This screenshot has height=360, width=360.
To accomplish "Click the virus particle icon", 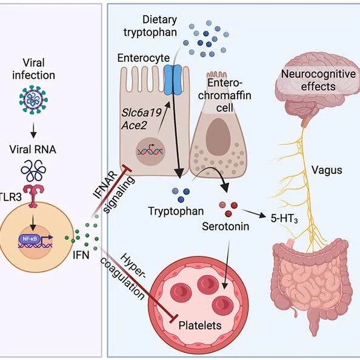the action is (x=33, y=99).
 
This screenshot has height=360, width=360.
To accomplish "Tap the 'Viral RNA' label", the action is (x=33, y=150).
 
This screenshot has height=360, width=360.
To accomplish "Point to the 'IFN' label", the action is (x=81, y=255).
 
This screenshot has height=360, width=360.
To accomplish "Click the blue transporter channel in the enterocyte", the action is (x=173, y=80).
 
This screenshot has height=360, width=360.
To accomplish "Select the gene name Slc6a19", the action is (x=141, y=113).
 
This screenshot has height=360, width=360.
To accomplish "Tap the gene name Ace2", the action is (x=134, y=125).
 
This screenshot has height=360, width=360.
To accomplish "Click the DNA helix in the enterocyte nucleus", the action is (x=150, y=151).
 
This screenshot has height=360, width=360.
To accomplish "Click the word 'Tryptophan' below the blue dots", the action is (x=176, y=211).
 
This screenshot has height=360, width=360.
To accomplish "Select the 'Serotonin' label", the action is (x=225, y=227).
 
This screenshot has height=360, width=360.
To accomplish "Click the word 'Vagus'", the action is (x=327, y=170).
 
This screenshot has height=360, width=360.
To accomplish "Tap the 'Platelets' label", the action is (x=200, y=325).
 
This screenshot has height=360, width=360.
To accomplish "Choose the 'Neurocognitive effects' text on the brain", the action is (x=318, y=80).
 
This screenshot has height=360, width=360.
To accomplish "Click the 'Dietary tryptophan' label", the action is (x=150, y=26).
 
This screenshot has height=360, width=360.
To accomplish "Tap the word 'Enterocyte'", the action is (x=144, y=58).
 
